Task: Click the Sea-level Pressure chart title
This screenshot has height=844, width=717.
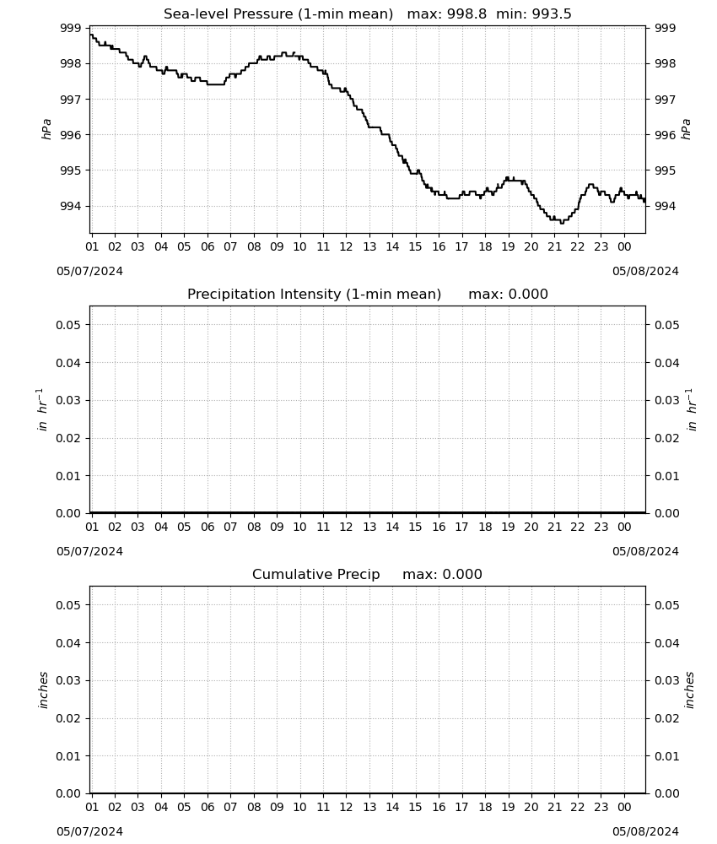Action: point(278,14)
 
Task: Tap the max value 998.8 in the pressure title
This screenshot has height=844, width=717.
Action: point(466,14)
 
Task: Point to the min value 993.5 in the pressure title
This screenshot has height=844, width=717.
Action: point(552,14)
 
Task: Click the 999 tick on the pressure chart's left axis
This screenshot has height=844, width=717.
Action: point(71,28)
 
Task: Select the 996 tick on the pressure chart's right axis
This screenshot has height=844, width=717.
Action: point(665,135)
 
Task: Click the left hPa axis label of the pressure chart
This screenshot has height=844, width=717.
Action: point(46,129)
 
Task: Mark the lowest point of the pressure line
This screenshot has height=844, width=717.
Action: point(562,222)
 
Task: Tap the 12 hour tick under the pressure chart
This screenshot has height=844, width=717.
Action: point(346,246)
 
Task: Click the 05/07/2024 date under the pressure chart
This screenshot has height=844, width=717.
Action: point(89,271)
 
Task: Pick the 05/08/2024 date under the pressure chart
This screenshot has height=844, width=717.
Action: point(645,271)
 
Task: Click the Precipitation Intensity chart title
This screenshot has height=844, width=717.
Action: point(314,295)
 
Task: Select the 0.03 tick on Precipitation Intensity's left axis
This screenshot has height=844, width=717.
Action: point(68,400)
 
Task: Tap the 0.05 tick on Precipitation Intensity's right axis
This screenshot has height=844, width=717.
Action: point(666,325)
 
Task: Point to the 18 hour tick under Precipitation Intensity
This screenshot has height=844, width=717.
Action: point(485,527)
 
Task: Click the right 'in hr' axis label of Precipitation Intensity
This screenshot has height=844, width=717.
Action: point(692,409)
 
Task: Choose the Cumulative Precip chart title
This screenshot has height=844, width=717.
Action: point(315,574)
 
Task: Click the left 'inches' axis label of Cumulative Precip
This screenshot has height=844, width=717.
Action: point(43,690)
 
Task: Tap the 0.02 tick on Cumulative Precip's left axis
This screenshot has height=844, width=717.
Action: point(68,718)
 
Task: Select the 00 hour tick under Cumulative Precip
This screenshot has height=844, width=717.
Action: point(624,807)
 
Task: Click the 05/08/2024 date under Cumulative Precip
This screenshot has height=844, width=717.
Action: point(645,831)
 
